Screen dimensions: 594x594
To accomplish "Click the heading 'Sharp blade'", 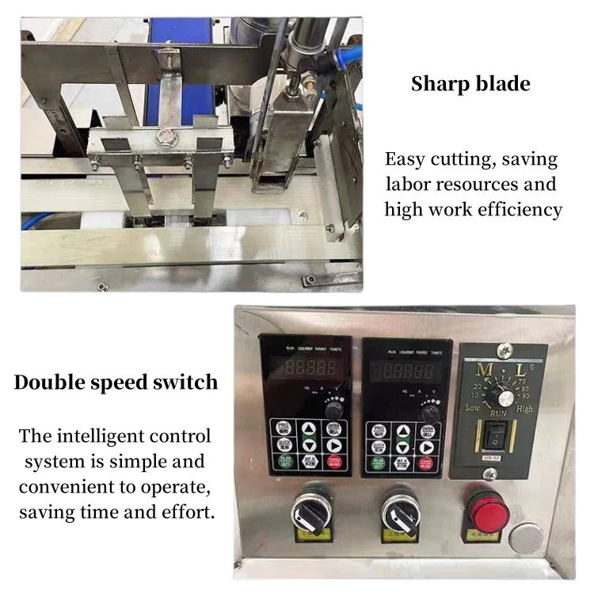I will point(470,84).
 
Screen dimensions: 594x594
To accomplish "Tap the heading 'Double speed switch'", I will point(116,383).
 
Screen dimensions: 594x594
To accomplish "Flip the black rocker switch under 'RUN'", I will point(498,435).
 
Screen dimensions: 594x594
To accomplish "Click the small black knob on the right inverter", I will point(431,412).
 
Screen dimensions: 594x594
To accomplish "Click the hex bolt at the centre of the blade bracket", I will point(166,137).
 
